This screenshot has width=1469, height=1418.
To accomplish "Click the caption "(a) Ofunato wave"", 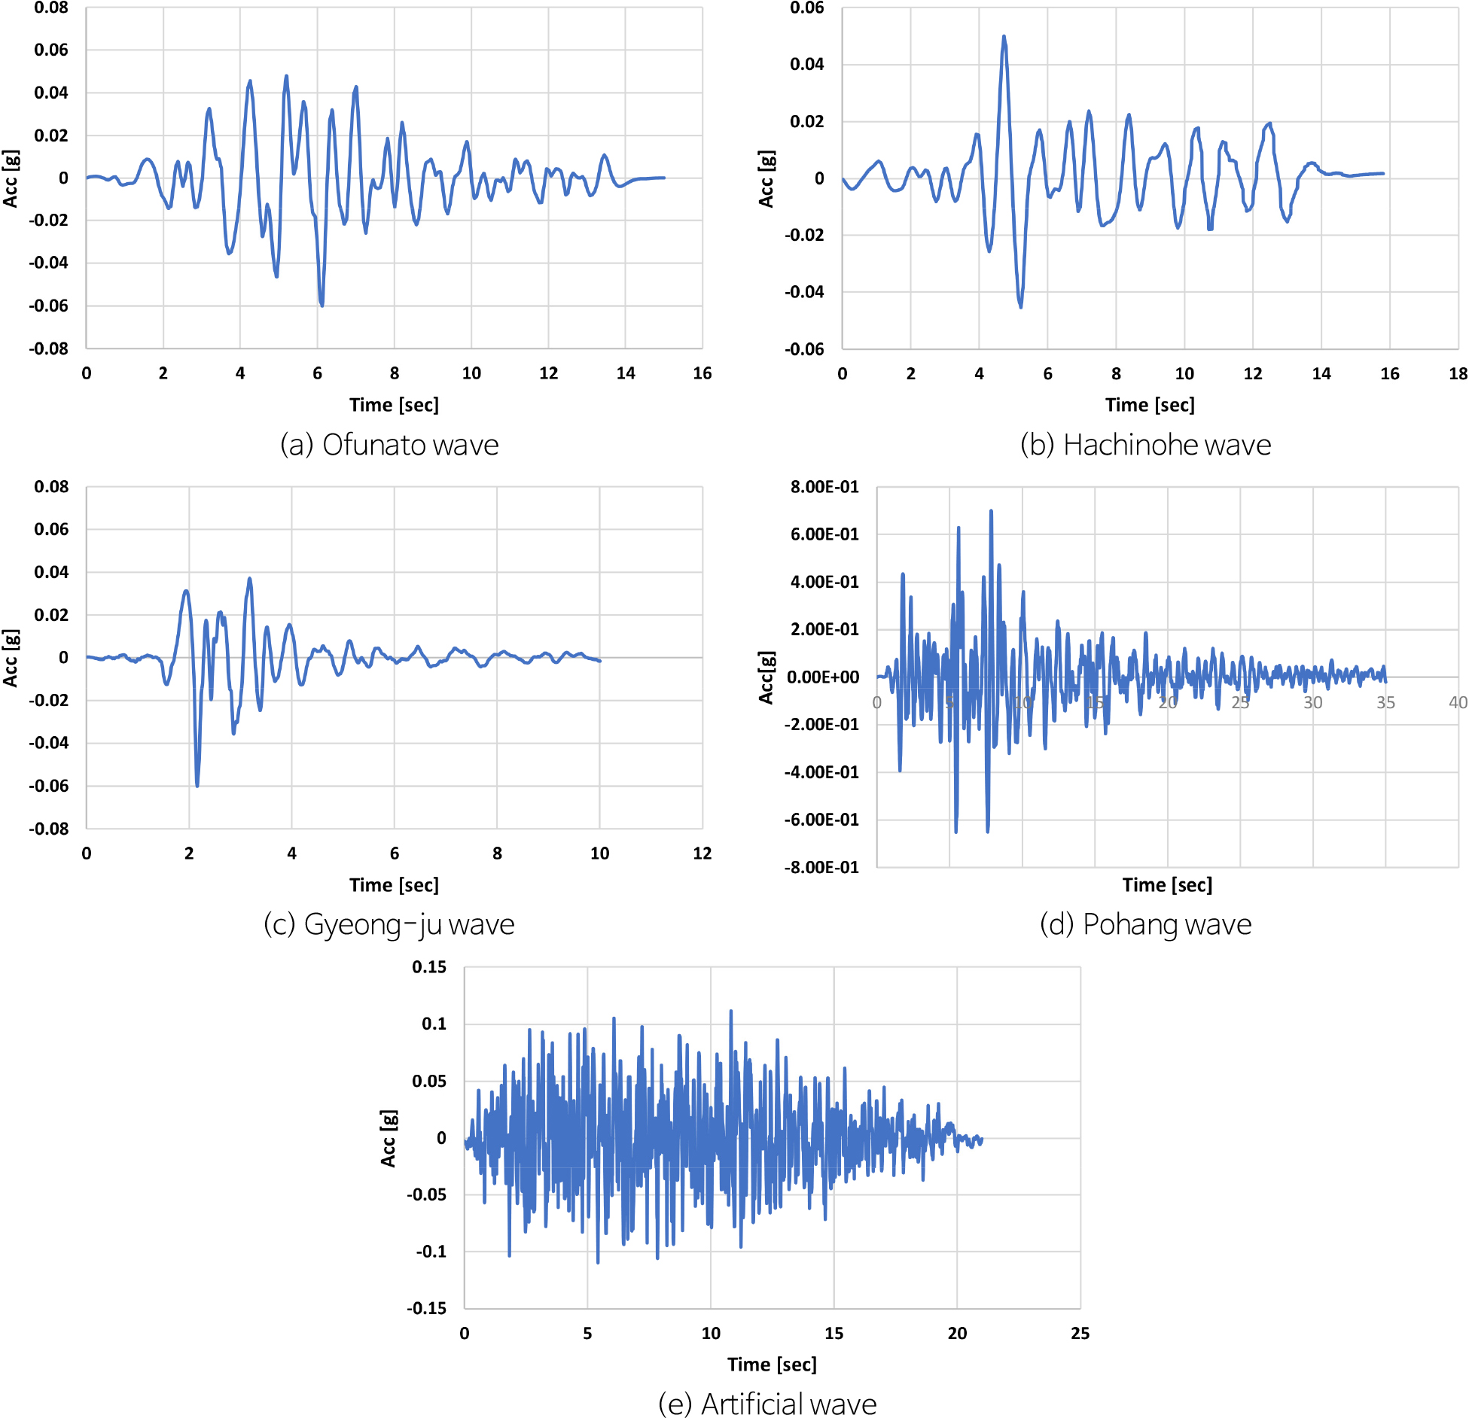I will [389, 445].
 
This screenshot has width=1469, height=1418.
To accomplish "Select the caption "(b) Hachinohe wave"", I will [1145, 445].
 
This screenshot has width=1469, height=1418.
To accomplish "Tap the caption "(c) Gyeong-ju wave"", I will [389, 924].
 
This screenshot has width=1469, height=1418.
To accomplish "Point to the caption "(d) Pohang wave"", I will [1145, 924].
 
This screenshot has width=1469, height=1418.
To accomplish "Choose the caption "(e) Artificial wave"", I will [767, 1404].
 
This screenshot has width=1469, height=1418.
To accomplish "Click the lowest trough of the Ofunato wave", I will [322, 305].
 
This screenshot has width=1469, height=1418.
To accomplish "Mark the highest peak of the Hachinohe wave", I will [1004, 36].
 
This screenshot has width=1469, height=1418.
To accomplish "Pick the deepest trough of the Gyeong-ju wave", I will [197, 786].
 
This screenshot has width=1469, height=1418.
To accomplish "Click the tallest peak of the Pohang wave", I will [991, 511].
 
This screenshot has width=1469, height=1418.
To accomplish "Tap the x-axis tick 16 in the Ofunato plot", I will [702, 373].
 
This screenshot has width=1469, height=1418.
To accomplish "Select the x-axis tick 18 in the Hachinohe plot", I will [1458, 373].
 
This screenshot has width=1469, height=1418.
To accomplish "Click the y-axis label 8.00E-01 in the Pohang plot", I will [824, 487].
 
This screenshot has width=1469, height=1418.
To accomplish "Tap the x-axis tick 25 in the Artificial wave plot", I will [1080, 1333].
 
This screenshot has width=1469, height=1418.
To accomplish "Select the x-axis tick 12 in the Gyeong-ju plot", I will [702, 854].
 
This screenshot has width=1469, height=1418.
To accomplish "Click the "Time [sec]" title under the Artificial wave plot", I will [772, 1365].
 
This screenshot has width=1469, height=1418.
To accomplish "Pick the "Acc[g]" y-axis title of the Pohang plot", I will [766, 677].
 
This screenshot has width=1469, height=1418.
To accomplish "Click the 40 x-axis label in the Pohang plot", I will [1458, 702].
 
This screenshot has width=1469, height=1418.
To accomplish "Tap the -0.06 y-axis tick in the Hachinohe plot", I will [804, 349].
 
